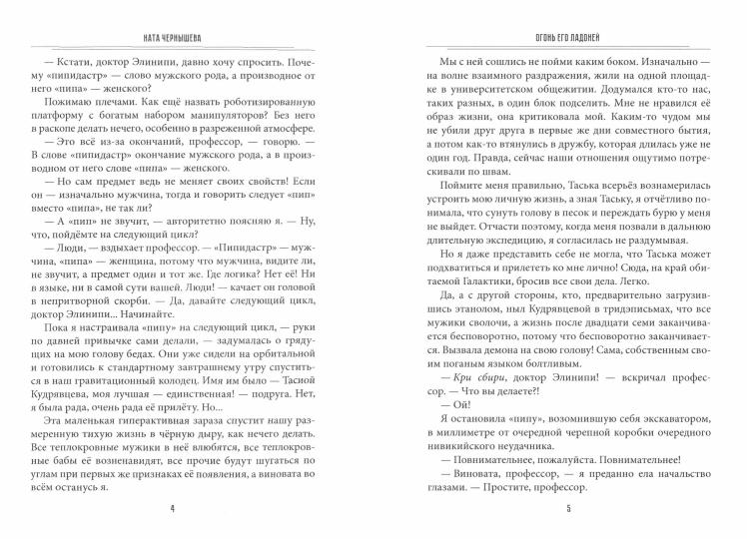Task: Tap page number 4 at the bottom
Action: pyautogui.click(x=187, y=507)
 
